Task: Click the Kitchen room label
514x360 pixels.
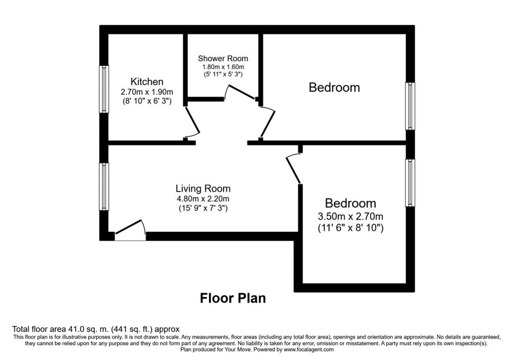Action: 147,81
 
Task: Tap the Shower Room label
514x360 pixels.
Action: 223,59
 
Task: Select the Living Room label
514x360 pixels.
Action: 203,188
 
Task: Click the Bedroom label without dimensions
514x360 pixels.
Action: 334,87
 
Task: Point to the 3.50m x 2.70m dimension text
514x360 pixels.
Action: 351,217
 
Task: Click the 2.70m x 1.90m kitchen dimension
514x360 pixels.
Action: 147,92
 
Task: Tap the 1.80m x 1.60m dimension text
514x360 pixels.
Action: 223,67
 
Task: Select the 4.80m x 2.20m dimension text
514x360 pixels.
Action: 203,198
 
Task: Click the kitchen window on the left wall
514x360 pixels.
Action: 104,89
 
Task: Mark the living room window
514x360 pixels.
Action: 104,186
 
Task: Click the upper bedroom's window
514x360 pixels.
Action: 410,106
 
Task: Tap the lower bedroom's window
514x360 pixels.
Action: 410,183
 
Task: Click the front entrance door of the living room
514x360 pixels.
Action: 130,230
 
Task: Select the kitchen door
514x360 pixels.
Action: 192,122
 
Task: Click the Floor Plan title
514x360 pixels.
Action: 232,298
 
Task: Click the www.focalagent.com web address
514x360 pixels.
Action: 309,349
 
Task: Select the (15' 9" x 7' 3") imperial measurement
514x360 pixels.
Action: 203,208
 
